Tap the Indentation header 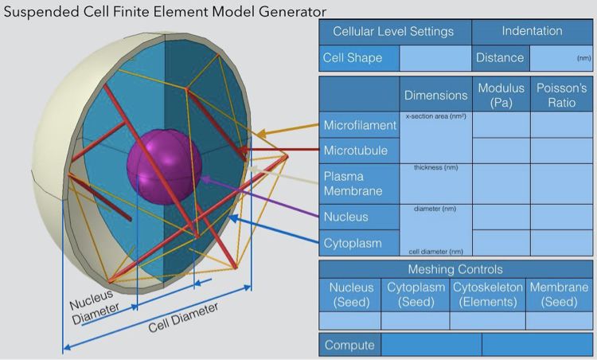(x=532, y=32)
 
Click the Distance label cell (x=500, y=58)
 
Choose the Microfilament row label (x=360, y=126)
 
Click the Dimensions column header (x=435, y=95)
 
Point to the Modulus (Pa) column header (x=501, y=95)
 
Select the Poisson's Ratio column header (x=561, y=95)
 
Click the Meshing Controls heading (x=455, y=269)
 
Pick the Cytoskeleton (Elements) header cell (x=487, y=294)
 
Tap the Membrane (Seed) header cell (x=559, y=294)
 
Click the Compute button (x=349, y=345)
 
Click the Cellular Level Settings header (x=393, y=32)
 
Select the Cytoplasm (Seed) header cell (x=415, y=294)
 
